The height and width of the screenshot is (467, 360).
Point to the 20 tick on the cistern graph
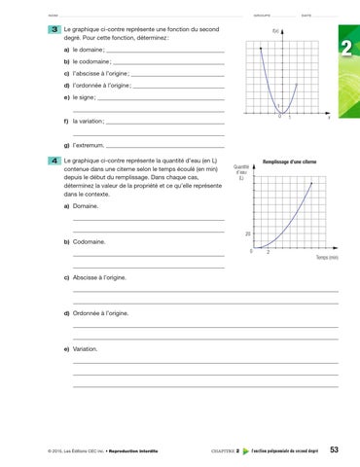pos(249,234)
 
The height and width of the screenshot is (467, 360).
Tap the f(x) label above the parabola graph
pos(276,34)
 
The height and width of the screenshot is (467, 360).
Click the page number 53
pos(335,449)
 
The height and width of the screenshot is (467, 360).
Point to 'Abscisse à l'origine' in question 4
pos(101,277)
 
